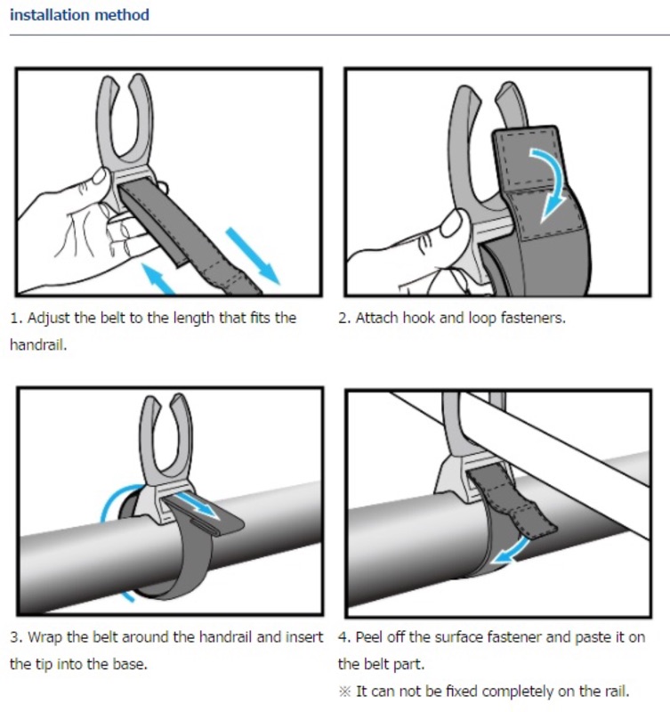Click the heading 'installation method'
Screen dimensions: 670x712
tap(79, 15)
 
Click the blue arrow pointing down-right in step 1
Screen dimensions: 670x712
tap(253, 255)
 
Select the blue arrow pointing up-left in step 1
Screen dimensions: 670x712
tap(157, 278)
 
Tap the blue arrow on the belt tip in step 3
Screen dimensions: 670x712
tap(195, 505)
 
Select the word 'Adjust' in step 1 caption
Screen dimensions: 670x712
tap(49, 319)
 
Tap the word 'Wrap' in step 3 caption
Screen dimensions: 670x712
tap(45, 637)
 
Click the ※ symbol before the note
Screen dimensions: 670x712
tap(345, 692)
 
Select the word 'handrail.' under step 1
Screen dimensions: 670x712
tap(38, 345)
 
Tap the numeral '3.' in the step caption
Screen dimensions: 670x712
tap(16, 637)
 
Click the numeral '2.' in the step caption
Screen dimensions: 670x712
tap(344, 318)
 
